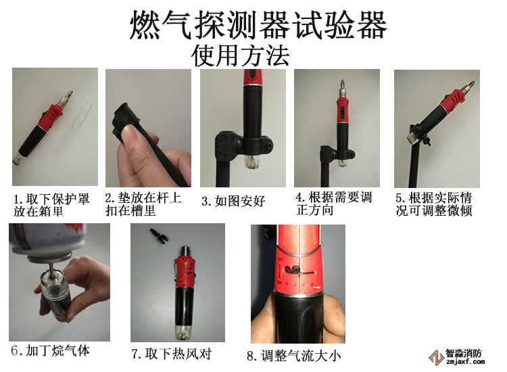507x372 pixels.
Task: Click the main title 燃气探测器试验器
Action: coord(258,26)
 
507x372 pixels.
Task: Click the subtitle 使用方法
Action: coord(241,55)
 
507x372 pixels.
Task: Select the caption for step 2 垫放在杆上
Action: coord(143,204)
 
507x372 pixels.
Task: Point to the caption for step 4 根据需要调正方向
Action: coord(333,204)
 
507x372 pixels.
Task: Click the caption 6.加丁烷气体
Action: coord(50,351)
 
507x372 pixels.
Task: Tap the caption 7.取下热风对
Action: coord(170,353)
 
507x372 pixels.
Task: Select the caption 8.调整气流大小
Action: coord(293,354)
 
